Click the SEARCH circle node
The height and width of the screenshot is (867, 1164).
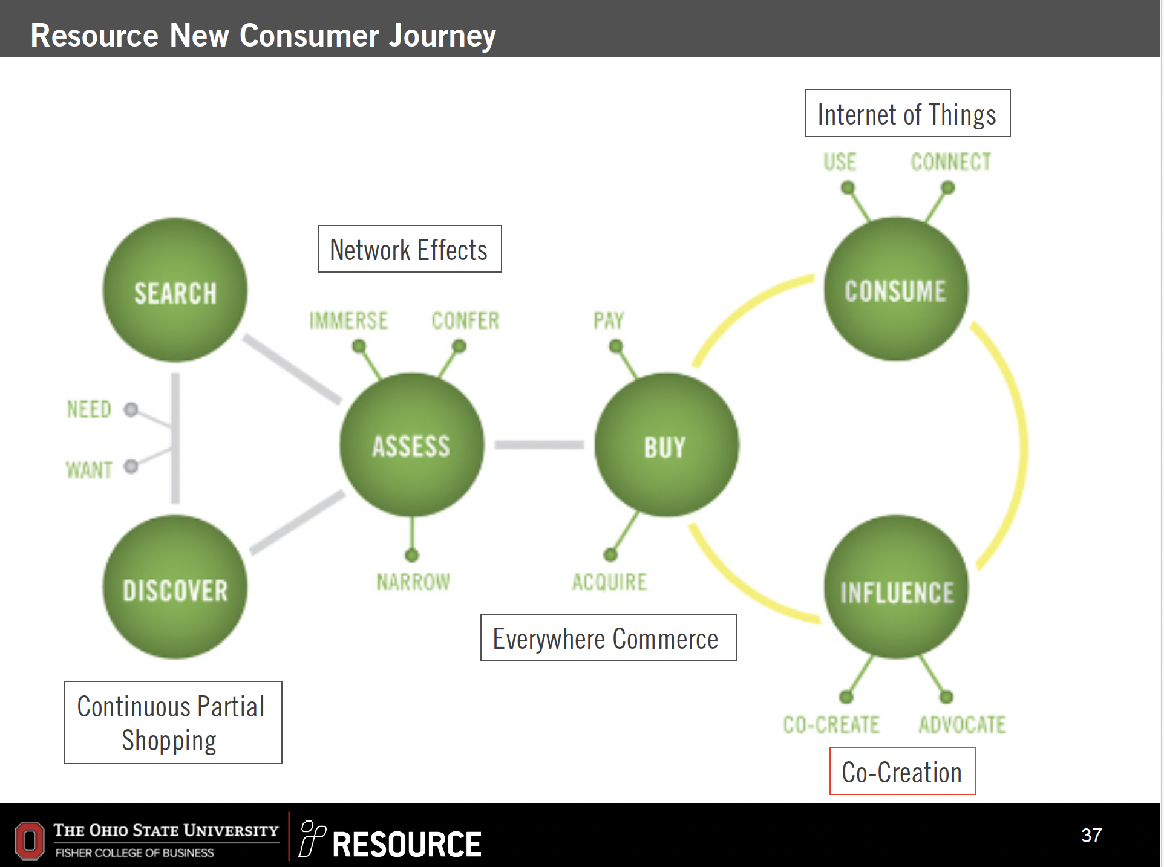[175, 290]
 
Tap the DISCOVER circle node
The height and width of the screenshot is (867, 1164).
[175, 587]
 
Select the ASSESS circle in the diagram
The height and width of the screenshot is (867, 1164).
[411, 445]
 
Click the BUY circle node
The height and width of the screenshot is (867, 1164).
[666, 445]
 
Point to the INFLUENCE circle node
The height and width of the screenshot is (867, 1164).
[896, 587]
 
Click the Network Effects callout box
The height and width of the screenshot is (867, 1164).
[410, 249]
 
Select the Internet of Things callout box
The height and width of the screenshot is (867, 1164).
[907, 114]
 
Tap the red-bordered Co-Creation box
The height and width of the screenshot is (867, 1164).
[902, 771]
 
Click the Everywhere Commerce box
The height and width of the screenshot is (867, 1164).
[608, 638]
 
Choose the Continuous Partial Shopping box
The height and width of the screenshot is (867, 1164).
[173, 722]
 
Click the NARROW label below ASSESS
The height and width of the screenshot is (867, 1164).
[413, 582]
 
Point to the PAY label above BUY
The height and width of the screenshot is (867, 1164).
[608, 320]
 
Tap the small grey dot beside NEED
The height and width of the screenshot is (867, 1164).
[131, 410]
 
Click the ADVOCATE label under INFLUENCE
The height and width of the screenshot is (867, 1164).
[962, 724]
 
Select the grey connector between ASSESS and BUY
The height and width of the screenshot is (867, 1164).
[539, 445]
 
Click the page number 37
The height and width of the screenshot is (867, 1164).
[1091, 836]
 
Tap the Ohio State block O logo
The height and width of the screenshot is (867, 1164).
[30, 840]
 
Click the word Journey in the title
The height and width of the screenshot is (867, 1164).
[442, 35]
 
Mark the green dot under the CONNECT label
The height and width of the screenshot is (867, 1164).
[947, 188]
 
